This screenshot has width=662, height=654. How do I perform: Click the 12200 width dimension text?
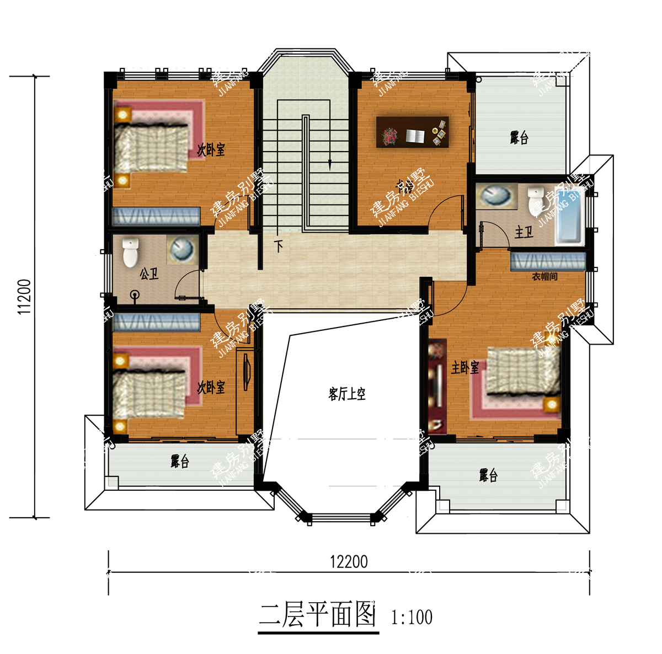[x=349, y=561]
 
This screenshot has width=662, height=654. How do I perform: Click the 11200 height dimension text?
[x=24, y=297]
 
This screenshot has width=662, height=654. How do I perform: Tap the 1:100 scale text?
[x=412, y=617]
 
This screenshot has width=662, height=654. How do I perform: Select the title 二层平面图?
[x=318, y=614]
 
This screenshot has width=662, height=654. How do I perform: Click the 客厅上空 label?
[x=347, y=394]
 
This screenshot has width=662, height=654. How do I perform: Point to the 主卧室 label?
[x=465, y=367]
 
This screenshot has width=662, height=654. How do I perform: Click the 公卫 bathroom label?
[x=149, y=273]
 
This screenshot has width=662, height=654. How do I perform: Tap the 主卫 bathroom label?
[x=524, y=232]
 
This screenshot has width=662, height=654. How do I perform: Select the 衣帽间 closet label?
[x=544, y=277]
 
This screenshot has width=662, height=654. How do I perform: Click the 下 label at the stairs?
[x=279, y=245]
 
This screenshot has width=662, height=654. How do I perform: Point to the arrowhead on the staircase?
[x=330, y=164]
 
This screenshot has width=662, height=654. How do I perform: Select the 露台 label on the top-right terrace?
[x=519, y=137]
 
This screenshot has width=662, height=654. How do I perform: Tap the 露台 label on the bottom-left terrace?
[x=180, y=462]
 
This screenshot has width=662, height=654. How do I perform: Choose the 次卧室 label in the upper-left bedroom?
[x=211, y=149]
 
